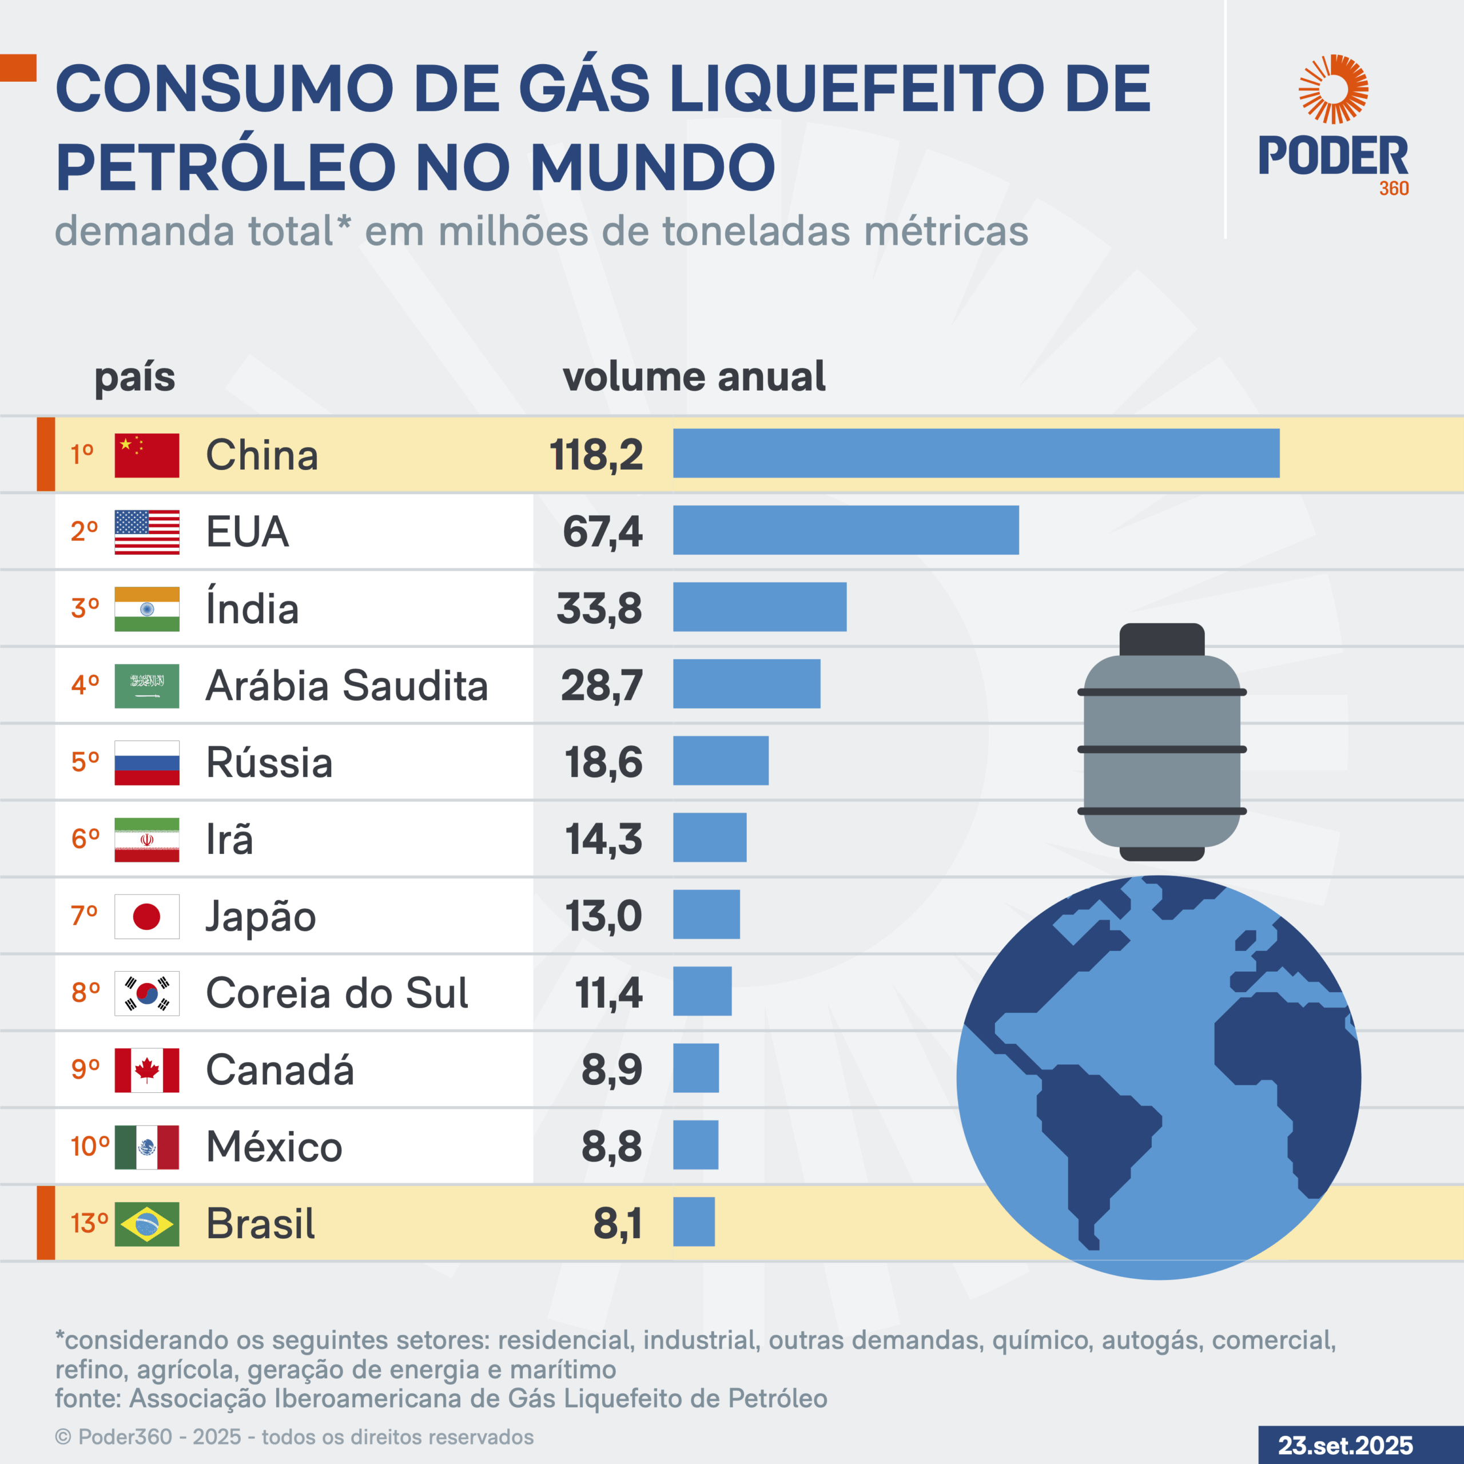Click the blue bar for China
coord(976,453)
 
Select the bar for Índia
coord(759,607)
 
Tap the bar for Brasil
coord(693,1222)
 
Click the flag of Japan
coord(147,916)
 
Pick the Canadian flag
coord(147,1070)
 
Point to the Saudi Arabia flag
coord(147,686)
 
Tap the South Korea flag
coord(147,993)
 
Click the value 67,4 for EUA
coord(602,531)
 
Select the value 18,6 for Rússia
coord(603,762)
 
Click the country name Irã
coord(229,840)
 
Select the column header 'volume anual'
coord(693,377)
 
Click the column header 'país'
coord(135,377)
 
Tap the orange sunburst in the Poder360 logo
coord(1333,89)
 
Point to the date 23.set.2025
coord(1345,1445)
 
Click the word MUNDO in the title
coord(653,168)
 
